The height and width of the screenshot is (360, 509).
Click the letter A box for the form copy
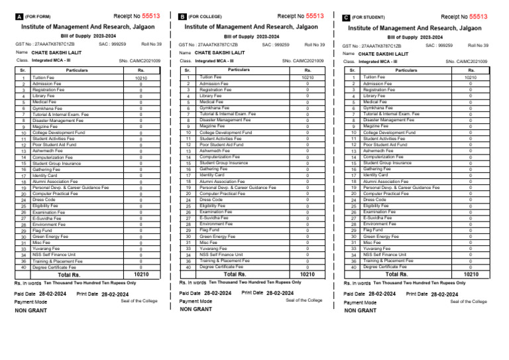(19, 16)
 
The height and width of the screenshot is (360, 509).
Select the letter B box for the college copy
(182, 16)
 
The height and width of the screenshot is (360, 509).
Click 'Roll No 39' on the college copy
(313, 44)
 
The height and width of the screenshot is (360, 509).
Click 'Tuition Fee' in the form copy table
(44, 78)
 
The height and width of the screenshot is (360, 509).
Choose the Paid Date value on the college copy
(217, 292)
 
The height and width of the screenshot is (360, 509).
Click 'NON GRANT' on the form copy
(30, 310)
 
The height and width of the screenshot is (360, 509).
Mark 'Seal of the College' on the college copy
(304, 300)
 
